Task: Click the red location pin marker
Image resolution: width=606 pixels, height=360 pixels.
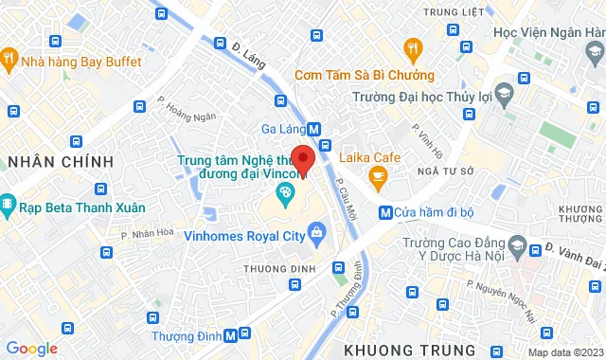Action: tap(303, 158)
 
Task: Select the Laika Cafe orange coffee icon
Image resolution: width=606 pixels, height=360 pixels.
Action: tap(377, 175)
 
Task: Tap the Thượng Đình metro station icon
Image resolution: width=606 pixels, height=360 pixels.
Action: tap(245, 333)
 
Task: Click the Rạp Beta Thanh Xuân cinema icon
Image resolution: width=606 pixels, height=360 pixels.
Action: tap(8, 205)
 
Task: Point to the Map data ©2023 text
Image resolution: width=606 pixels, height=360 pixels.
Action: tap(564, 352)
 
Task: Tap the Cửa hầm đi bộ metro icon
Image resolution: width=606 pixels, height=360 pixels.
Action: tap(384, 212)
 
